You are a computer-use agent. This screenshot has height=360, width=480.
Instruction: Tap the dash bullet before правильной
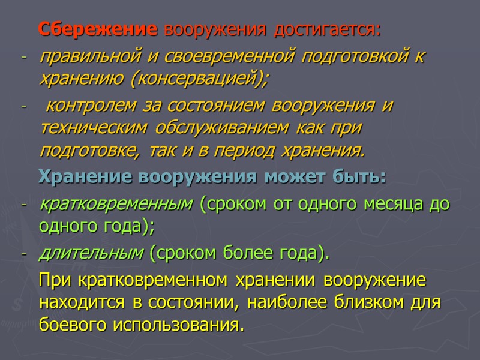pyautogui.click(x=23, y=59)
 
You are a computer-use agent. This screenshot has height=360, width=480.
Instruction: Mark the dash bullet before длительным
pyautogui.click(x=23, y=255)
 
